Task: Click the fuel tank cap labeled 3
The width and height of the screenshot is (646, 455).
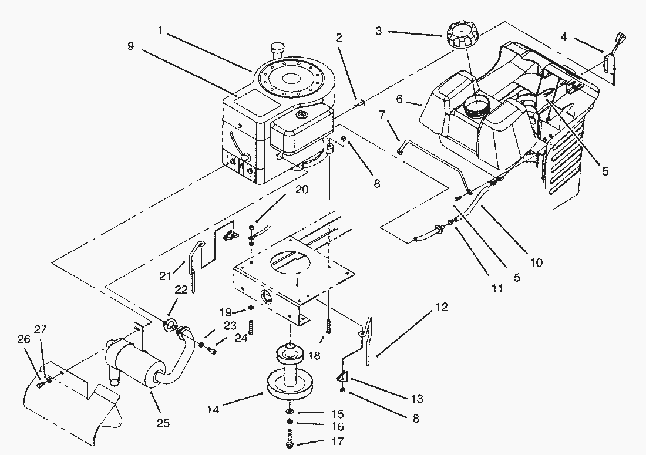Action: [x=462, y=35]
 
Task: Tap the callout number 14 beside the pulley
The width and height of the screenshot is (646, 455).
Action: [x=213, y=409]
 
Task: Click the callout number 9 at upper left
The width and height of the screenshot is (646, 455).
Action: [x=131, y=46]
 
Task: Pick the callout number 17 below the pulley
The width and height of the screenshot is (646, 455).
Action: [x=338, y=441]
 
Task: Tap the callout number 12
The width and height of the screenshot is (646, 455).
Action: [x=442, y=307]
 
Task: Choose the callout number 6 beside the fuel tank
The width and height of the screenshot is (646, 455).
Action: [x=399, y=100]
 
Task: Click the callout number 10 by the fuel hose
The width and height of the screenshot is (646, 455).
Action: [x=536, y=262]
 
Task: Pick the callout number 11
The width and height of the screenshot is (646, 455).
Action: [x=498, y=288]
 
